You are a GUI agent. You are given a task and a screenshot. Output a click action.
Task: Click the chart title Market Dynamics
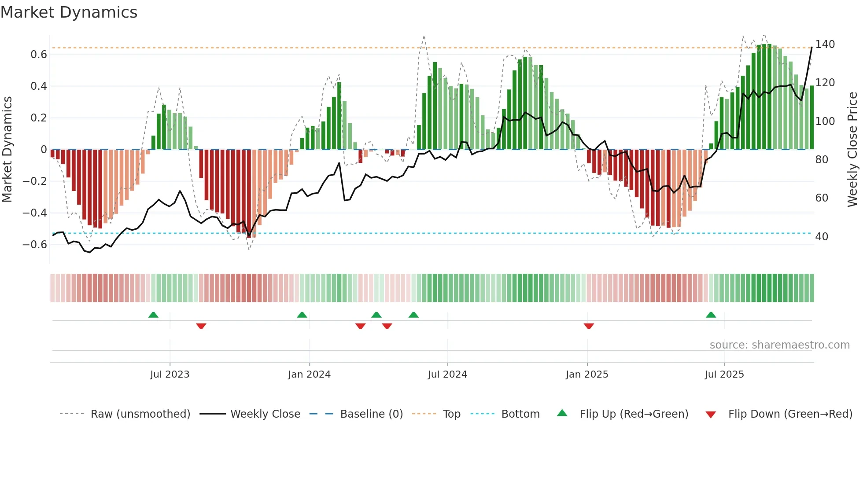tap(69, 12)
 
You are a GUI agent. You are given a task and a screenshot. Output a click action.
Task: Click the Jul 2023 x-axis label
tap(170, 375)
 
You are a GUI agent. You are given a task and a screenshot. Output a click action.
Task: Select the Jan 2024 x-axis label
tap(309, 375)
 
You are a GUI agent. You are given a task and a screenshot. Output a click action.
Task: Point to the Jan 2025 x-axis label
tap(587, 375)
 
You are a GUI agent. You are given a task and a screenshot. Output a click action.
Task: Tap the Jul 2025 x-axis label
tap(724, 375)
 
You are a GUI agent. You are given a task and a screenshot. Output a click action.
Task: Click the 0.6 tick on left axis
tap(39, 55)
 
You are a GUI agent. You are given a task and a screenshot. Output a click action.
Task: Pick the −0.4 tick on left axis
tap(35, 213)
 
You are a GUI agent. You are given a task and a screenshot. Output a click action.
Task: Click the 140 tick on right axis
tap(825, 44)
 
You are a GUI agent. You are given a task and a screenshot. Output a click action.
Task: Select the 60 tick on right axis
tap(822, 198)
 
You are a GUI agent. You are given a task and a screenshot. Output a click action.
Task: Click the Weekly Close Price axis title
tap(852, 150)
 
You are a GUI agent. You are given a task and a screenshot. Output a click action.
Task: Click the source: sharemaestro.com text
tap(779, 345)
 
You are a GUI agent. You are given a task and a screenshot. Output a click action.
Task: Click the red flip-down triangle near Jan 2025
tap(589, 326)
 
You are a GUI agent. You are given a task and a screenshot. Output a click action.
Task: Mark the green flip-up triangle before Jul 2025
tap(711, 315)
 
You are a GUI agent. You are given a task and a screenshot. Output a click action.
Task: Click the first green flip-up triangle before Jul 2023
tap(153, 315)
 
